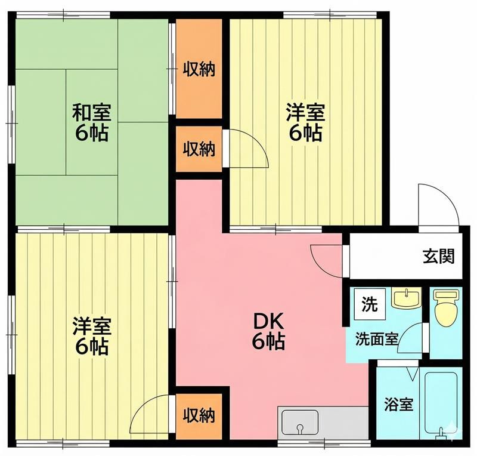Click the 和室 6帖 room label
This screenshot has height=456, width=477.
[91, 122]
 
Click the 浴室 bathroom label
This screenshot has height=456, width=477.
[398, 404]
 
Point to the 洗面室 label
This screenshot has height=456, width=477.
[376, 338]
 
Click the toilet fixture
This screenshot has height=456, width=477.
[445, 308]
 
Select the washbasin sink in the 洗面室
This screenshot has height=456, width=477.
[407, 298]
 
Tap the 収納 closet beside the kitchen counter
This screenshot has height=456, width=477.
[199, 414]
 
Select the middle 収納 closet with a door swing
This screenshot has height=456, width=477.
[199, 149]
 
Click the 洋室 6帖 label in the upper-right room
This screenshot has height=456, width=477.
[306, 122]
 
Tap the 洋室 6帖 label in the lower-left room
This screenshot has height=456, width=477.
[91, 336]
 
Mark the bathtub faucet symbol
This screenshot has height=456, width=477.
[442, 431]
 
